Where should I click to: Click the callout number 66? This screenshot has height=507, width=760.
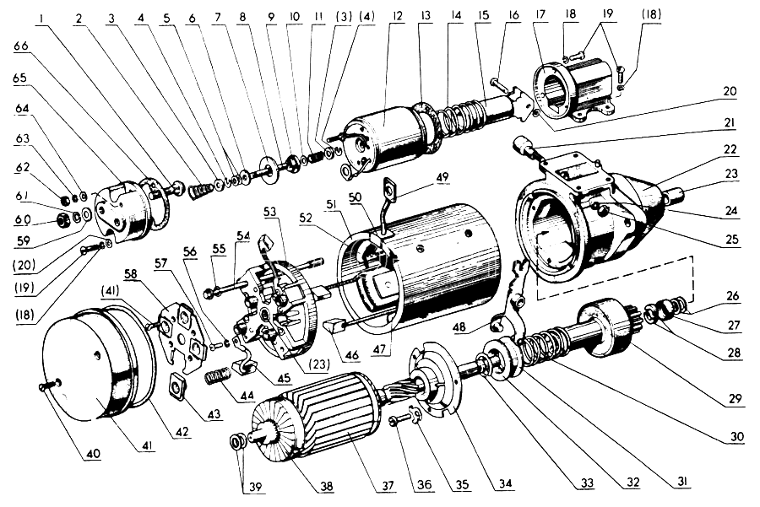22,46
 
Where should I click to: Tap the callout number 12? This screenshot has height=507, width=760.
398,17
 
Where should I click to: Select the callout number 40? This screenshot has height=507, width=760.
93,454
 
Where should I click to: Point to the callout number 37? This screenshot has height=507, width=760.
388,486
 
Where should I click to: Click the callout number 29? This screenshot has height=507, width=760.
736,398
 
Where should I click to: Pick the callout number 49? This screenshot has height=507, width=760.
442,177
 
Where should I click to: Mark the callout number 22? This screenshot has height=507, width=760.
730,149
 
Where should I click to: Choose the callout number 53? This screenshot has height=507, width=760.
270,212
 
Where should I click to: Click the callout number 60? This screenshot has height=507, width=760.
23,220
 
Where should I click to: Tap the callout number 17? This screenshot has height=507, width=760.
540,15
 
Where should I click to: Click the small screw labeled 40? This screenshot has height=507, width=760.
48,385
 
